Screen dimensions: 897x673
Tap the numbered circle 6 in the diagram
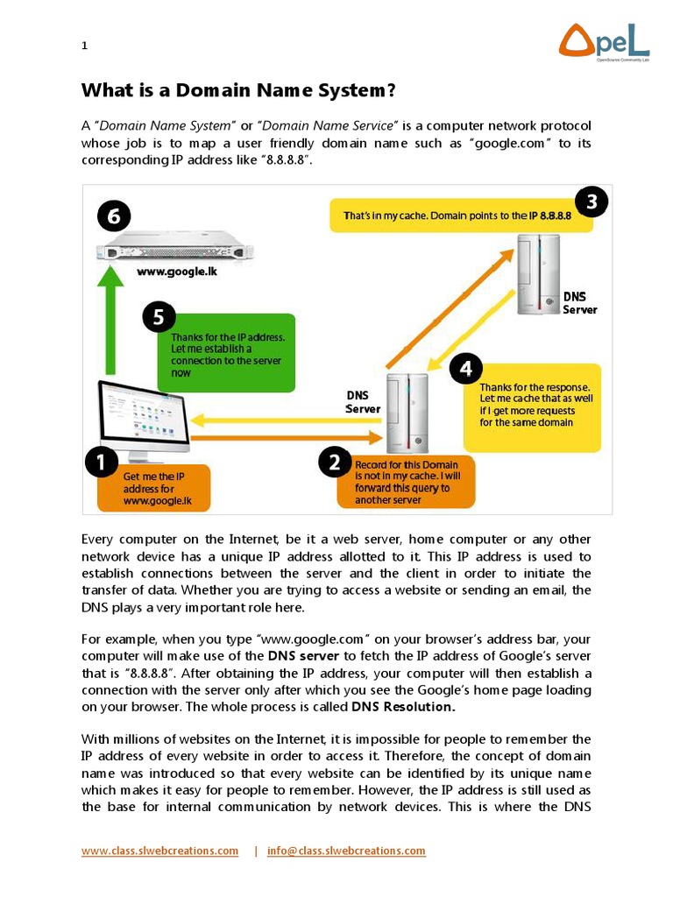114,215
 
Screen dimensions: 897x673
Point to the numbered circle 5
159,317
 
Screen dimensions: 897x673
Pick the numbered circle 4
465,369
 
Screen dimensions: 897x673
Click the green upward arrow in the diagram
110,324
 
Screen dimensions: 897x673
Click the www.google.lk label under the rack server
176,272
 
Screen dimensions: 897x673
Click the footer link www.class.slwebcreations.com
159,851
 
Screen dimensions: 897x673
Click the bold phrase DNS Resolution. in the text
403,706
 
